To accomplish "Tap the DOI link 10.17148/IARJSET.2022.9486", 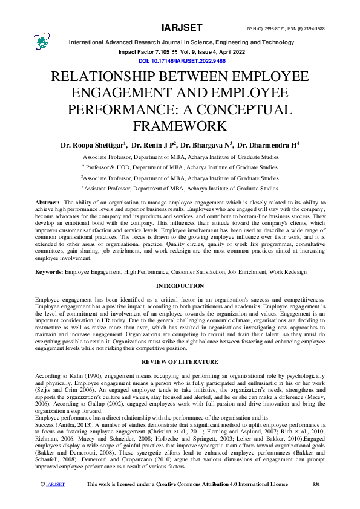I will click(182, 61).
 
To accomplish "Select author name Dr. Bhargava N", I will click(208, 145).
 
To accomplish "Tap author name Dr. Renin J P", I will click(153, 145).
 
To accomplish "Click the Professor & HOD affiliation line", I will click(180, 167).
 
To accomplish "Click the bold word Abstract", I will click(47, 201).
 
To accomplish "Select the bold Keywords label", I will click(49, 273).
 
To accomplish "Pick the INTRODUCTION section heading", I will click(180, 285).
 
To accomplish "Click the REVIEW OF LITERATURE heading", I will click(180, 361).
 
